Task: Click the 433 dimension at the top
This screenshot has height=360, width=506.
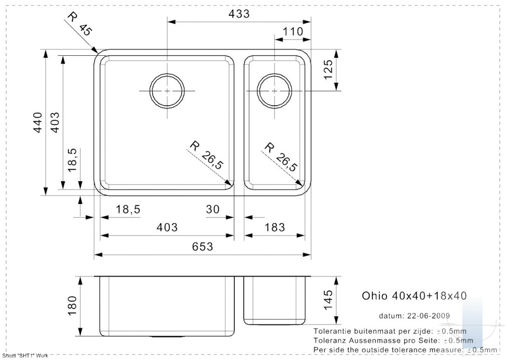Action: (239, 14)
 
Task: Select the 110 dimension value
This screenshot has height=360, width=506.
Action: (293, 32)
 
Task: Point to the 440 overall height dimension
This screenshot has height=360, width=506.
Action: (38, 122)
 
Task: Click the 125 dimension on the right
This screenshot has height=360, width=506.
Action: (328, 70)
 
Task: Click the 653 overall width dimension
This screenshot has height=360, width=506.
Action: (203, 247)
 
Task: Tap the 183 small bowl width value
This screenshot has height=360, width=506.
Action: (275, 228)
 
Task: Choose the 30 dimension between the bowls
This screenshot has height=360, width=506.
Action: (212, 209)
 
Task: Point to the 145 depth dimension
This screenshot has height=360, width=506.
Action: (328, 300)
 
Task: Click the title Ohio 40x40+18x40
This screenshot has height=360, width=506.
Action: (414, 295)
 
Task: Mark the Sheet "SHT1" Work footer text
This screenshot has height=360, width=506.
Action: (25, 356)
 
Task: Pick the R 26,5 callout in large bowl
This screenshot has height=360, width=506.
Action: (207, 155)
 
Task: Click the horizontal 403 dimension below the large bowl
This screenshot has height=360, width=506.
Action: (167, 228)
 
